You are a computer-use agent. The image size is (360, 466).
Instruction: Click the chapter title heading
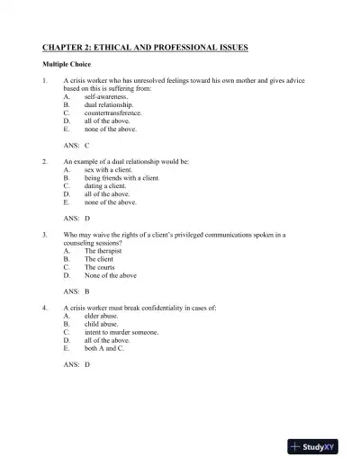[145, 46]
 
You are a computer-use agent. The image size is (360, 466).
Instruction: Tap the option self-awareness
[105, 96]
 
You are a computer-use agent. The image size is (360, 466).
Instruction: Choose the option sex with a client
[108, 169]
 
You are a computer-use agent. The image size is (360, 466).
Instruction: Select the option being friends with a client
[121, 177]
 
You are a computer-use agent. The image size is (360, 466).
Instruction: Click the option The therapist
[103, 250]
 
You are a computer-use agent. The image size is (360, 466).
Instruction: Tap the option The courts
[101, 266]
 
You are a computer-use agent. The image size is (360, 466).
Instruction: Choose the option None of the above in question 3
[111, 274]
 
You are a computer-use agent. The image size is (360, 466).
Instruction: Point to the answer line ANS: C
[76, 145]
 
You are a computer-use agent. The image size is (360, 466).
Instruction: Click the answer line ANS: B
[76, 291]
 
